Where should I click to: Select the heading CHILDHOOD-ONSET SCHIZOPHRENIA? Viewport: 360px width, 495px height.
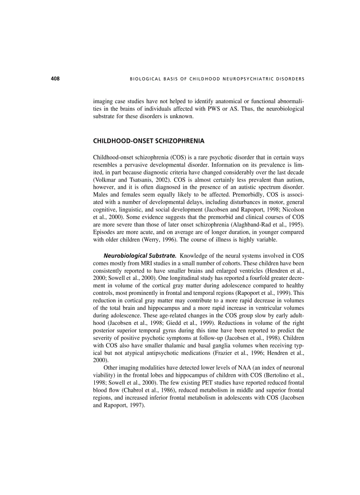coord(149,141)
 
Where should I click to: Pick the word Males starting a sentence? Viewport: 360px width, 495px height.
coord(101,195)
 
